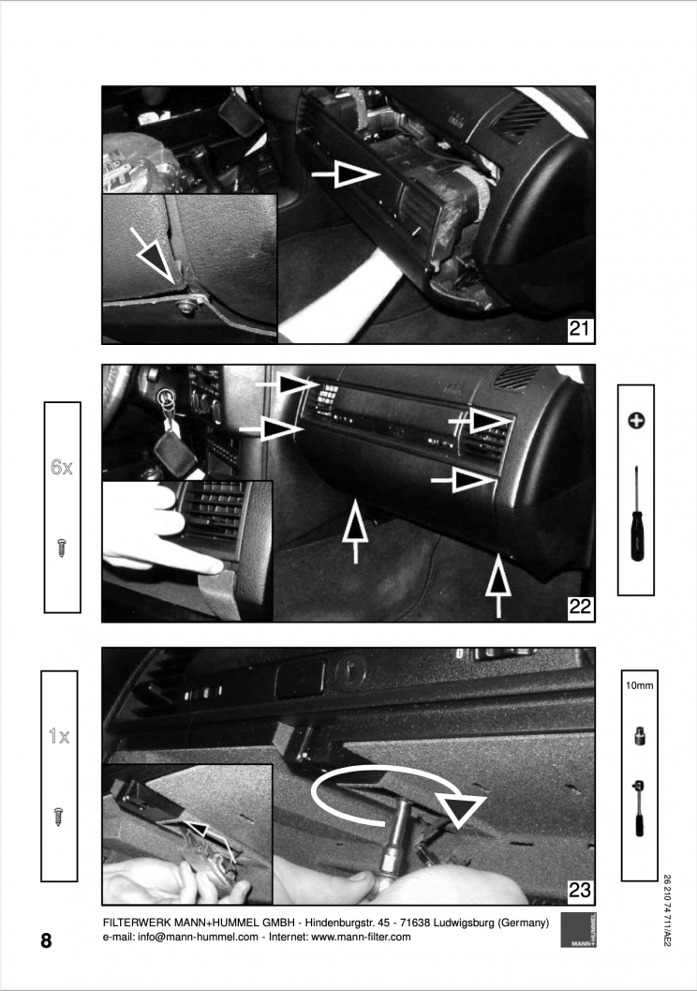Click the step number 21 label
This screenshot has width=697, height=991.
pos(580,329)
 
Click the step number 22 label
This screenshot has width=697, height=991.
pos(580,608)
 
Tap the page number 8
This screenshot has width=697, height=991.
pos(46,940)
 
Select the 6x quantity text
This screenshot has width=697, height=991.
pos(62,467)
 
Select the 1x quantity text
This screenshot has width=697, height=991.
pos(59,737)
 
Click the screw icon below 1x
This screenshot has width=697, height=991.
pos(59,815)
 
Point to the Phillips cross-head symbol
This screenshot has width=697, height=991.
pos(636,421)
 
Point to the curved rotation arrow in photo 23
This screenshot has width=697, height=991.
pos(393,797)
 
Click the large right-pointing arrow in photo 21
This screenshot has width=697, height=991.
pos(346,173)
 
